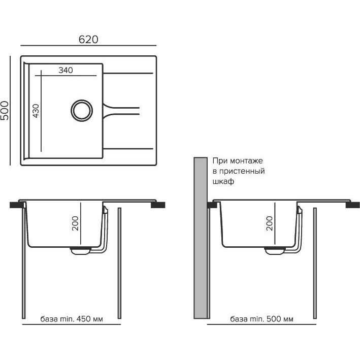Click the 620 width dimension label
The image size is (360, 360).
[88, 40]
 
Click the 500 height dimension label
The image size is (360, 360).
[5, 110]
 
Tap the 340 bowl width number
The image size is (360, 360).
[66, 70]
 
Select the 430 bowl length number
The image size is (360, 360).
[36, 111]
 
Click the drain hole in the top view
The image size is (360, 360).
[82, 110]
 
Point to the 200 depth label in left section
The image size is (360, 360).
[75, 223]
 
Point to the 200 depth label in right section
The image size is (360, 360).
[269, 223]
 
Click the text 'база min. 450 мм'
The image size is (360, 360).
[72, 319]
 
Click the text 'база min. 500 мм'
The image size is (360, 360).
[261, 319]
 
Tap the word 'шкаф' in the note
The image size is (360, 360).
[223, 182]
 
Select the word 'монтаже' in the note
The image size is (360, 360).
[246, 161]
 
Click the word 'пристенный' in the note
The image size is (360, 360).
[242, 171]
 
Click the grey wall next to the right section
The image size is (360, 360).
[201, 238]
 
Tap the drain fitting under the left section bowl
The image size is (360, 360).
[80, 251]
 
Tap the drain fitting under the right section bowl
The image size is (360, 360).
[275, 251]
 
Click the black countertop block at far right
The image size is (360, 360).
[353, 205]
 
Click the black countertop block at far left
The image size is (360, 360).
[17, 205]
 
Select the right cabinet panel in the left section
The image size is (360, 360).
[119, 263]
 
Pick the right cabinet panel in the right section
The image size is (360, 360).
[315, 263]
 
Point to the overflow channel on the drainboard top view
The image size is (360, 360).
[121, 111]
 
